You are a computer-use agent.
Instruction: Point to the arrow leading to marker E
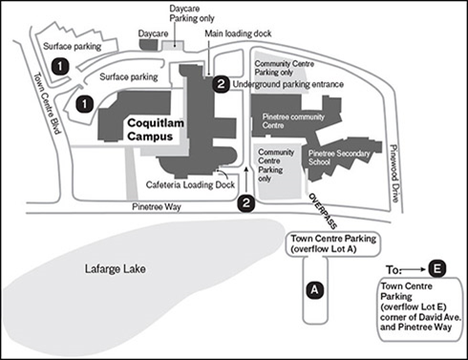[413, 268]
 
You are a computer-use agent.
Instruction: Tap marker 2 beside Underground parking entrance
[222, 85]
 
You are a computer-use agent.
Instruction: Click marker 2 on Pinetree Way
[246, 202]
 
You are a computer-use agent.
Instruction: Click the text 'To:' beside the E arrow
[389, 268]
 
